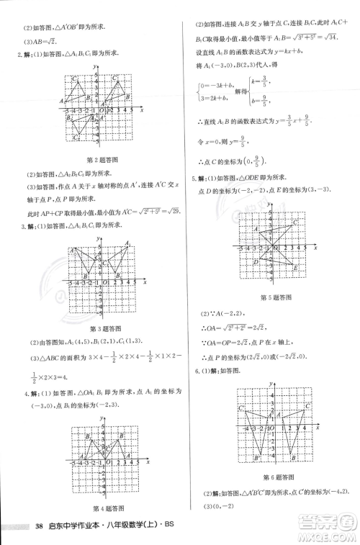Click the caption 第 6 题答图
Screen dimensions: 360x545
click(276, 476)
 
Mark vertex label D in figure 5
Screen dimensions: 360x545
click(256, 261)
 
